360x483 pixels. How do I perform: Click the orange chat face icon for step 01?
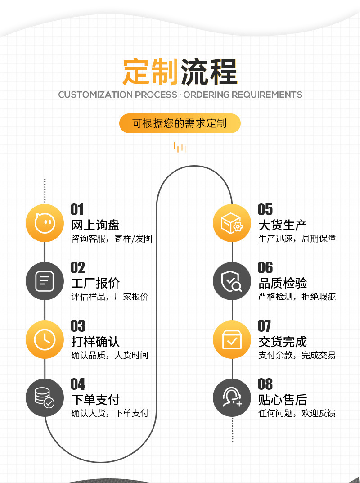[45, 223]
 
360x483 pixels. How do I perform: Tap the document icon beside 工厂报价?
[45, 281]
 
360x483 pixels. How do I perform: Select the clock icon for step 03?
[45, 339]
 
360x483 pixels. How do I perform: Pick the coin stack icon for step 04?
[45, 397]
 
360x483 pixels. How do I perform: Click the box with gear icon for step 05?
[232, 223]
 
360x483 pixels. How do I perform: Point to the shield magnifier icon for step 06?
[232, 281]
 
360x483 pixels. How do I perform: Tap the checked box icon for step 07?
[232, 339]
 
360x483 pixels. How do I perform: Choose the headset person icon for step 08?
[232, 397]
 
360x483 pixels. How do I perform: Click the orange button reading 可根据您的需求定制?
[180, 123]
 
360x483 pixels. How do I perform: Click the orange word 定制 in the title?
[151, 72]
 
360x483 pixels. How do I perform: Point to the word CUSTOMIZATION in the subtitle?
[95, 95]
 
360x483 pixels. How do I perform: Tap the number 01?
[77, 209]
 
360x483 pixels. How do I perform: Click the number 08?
[265, 384]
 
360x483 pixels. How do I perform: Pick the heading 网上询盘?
[95, 225]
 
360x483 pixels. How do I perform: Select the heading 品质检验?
[283, 283]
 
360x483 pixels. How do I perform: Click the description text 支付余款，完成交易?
[297, 355]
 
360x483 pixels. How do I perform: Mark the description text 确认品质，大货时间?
[110, 355]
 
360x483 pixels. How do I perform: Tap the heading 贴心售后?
[283, 399]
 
